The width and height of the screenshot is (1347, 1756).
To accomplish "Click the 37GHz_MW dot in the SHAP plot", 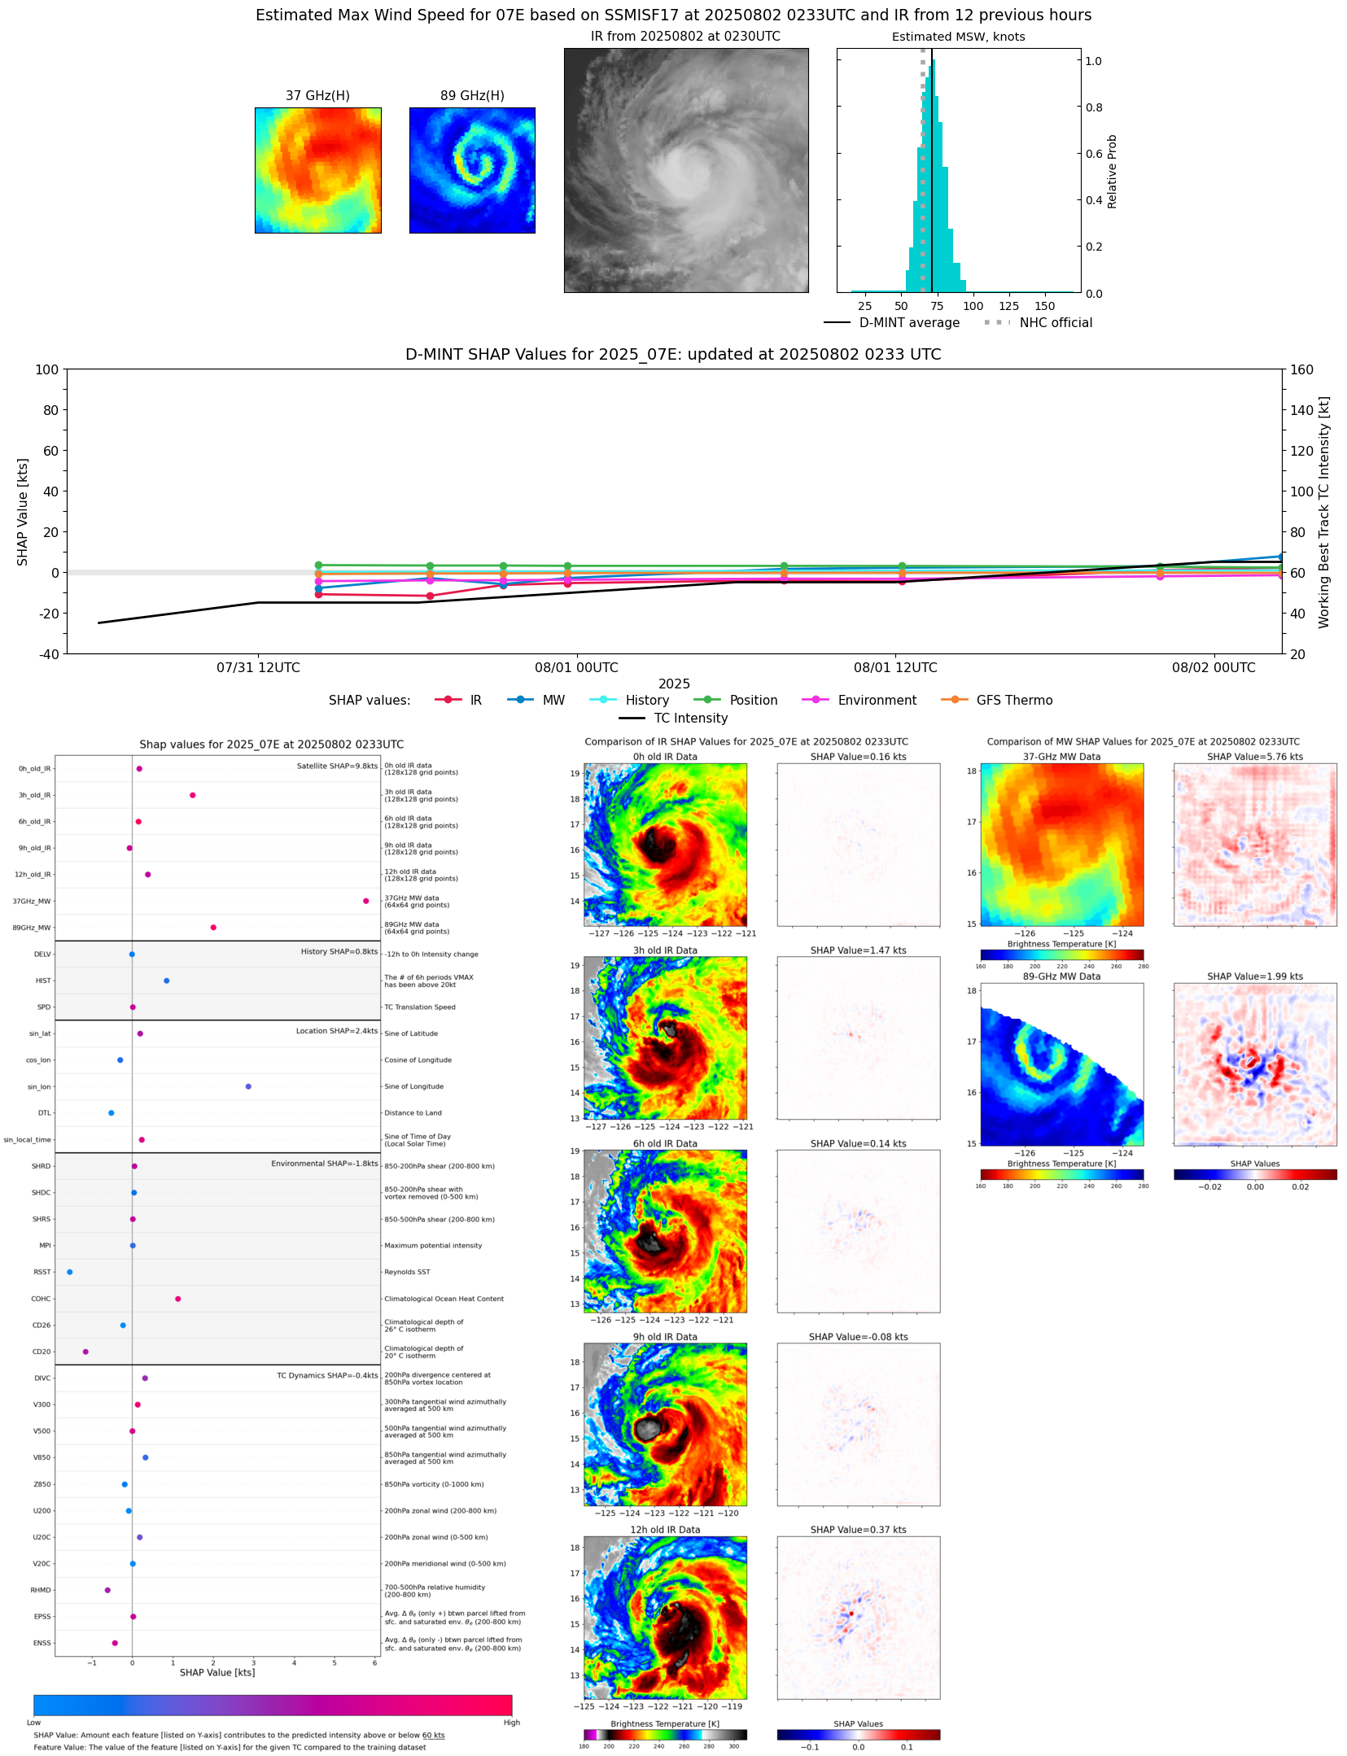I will [365, 901].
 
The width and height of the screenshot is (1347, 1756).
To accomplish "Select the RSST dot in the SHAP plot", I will [69, 1272].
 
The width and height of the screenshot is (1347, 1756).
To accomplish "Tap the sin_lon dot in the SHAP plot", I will [248, 1086].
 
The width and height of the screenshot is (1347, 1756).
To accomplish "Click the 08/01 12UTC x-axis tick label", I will [894, 668].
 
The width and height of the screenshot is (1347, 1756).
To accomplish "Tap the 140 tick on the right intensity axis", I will [1301, 410].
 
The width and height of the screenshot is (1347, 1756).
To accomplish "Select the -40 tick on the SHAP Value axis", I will [46, 653].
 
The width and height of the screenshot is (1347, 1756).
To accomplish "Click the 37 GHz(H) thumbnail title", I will [317, 96].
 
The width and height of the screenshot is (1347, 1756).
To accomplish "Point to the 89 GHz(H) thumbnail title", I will [472, 96].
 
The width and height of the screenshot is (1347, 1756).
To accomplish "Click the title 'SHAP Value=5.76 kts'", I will [1254, 757].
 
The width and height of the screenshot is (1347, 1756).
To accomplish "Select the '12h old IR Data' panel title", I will [665, 1530].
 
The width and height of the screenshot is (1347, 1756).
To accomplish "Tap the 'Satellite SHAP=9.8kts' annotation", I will [337, 766].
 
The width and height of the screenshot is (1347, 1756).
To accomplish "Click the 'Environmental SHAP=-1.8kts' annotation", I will [324, 1164].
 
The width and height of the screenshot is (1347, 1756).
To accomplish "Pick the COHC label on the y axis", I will [41, 1299].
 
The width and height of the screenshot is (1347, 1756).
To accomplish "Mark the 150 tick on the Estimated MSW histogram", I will [1044, 307].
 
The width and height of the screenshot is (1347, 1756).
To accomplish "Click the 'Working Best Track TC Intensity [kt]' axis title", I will [1324, 512].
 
